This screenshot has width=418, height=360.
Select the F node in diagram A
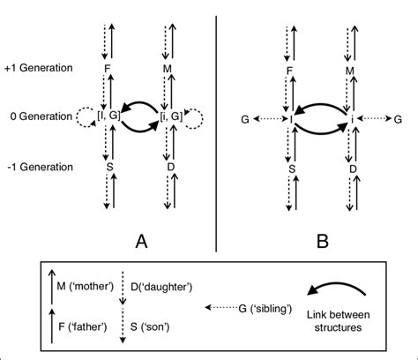click(x=108, y=68)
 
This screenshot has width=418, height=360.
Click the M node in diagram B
click(x=349, y=68)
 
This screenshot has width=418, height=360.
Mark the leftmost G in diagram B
click(x=244, y=116)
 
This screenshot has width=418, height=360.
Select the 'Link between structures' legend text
click(x=340, y=319)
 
